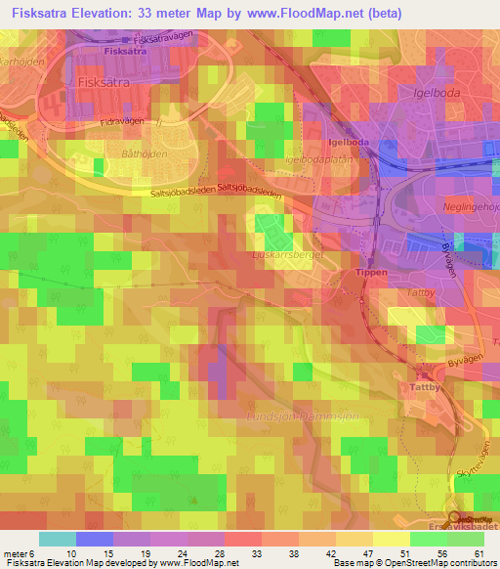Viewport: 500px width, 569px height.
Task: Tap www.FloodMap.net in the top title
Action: click(x=308, y=15)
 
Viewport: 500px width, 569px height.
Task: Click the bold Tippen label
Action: click(x=365, y=273)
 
